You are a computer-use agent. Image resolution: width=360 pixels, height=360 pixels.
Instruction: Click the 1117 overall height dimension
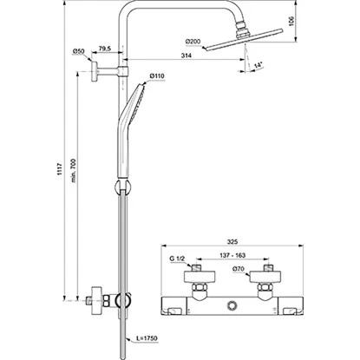60,169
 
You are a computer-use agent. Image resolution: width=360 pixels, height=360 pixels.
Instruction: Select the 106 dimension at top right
291,21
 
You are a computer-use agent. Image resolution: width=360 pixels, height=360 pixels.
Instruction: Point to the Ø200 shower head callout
193,42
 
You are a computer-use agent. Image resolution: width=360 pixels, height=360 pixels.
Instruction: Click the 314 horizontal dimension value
187,56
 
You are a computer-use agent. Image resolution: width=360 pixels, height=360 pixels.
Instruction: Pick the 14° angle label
258,65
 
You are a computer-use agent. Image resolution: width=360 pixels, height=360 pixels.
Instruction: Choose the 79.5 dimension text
105,49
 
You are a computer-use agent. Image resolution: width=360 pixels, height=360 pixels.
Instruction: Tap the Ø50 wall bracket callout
78,51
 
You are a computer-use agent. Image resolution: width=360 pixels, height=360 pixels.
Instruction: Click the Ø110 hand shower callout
157,76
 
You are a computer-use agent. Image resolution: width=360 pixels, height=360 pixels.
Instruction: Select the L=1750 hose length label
147,338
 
